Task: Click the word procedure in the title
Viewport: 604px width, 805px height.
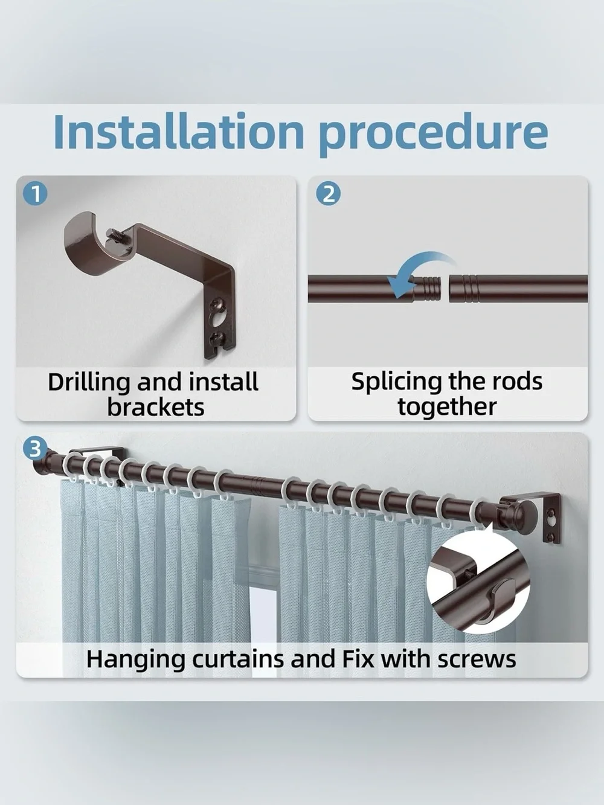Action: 434,134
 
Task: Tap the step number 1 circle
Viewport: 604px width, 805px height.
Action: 35,194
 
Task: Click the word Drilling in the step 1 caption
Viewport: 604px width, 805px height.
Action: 90,382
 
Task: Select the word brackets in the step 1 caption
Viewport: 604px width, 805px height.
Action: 155,407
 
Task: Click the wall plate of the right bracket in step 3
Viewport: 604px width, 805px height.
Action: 551,519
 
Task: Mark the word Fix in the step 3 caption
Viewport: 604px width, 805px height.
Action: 358,659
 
